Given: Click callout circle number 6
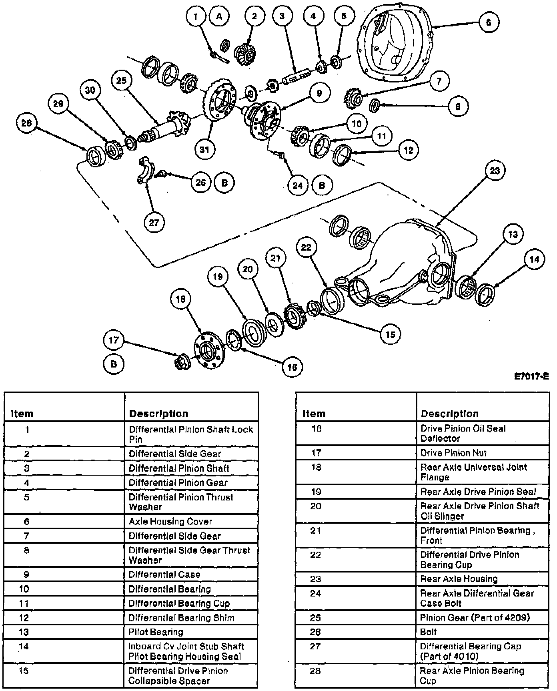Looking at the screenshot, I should [488, 22].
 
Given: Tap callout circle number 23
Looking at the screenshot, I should [495, 171].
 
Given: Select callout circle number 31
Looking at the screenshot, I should [204, 150].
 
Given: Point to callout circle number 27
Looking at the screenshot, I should [154, 223].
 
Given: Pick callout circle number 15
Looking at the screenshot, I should [390, 334].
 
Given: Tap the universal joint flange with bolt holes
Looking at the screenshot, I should [209, 350].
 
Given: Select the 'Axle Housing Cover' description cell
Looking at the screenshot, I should [170, 521].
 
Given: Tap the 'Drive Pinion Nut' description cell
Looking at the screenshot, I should [454, 453].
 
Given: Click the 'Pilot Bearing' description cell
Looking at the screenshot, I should [156, 632].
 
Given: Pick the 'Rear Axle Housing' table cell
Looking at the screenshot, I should [459, 579].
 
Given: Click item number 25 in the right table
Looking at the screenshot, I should [315, 617].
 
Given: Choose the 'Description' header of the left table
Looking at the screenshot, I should [158, 414].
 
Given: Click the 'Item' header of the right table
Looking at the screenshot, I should [314, 414].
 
